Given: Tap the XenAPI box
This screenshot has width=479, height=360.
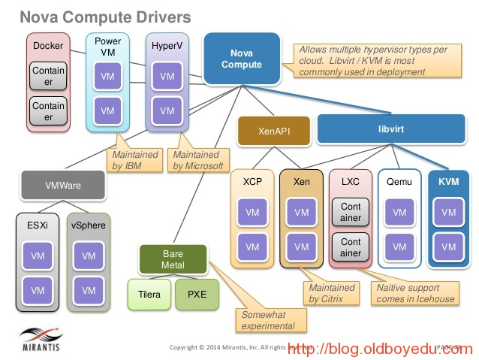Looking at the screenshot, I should click(274, 130).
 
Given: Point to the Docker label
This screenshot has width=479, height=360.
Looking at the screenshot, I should click(48, 45).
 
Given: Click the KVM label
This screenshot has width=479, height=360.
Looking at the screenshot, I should click(448, 181).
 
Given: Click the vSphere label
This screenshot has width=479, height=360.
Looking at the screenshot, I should click(89, 225).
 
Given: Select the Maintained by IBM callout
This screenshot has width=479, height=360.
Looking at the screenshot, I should click(139, 159).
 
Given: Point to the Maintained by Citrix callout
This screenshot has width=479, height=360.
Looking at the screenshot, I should click(331, 293).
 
